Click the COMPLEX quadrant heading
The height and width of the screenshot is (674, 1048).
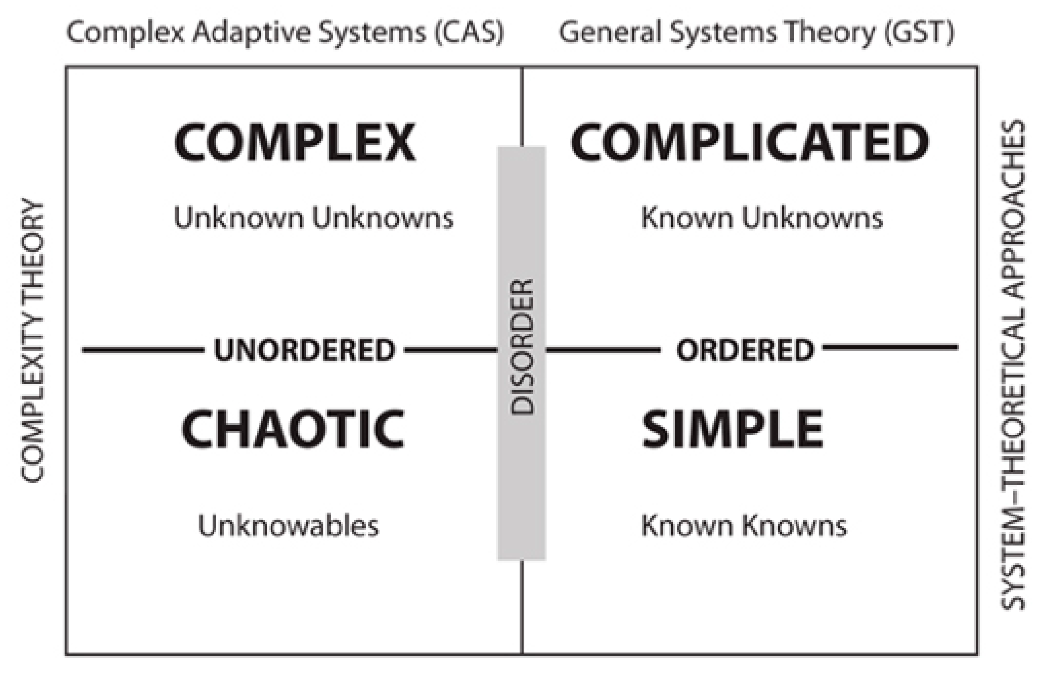point(295,142)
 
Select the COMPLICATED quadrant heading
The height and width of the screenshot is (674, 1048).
point(750,142)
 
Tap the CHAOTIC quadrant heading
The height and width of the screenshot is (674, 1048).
point(293,429)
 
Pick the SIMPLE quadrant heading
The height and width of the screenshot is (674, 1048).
point(732,429)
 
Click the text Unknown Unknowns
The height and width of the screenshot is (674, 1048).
point(314,218)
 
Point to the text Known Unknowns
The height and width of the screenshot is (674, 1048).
point(761,218)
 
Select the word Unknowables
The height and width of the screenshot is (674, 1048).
point(288,526)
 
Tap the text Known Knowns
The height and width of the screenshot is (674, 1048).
point(744,526)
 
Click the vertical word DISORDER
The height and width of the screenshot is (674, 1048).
point(522,347)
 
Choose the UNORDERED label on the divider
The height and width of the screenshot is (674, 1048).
point(305,350)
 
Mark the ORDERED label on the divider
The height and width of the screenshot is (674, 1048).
point(745,350)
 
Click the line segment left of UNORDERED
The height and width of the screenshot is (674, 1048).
point(143,350)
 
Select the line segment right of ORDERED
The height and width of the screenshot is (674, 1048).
point(890,348)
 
